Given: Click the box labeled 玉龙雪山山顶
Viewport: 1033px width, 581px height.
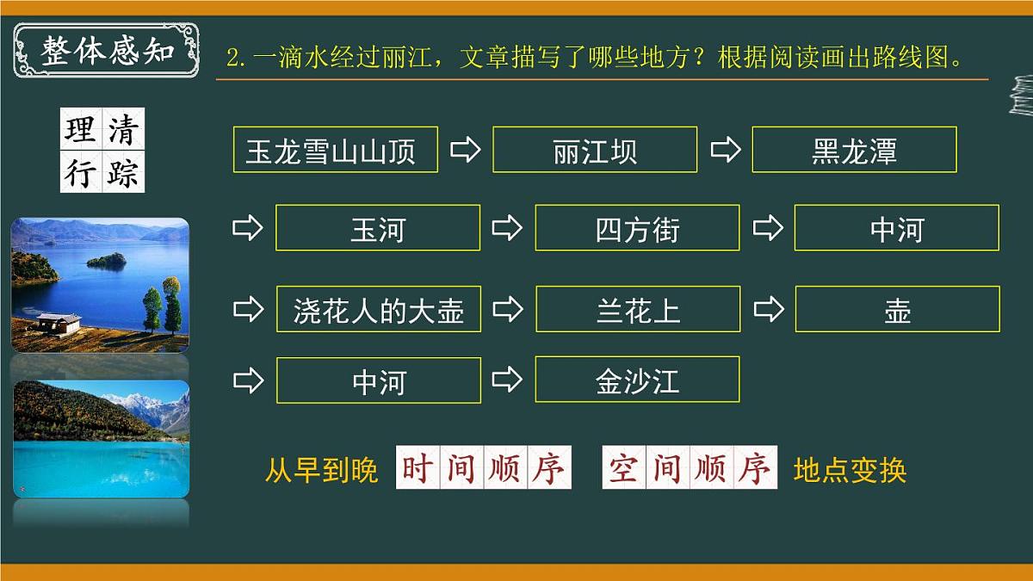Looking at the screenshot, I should pyautogui.click(x=335, y=150).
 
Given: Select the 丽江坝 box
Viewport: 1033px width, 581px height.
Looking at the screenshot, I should pyautogui.click(x=595, y=150).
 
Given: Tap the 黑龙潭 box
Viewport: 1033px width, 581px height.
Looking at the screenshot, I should pyautogui.click(x=854, y=150).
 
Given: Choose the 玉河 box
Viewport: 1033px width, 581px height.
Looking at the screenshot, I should pyautogui.click(x=378, y=228).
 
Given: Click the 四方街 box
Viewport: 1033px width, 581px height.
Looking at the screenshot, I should pyautogui.click(x=637, y=228).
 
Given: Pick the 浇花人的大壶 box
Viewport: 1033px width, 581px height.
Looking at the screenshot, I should pyautogui.click(x=379, y=309).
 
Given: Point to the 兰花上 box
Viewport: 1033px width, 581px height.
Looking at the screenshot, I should pyautogui.click(x=638, y=309).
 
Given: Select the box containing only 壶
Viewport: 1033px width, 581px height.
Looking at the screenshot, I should pyautogui.click(x=897, y=309).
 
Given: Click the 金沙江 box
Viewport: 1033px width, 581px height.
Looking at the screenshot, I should pyautogui.click(x=637, y=380).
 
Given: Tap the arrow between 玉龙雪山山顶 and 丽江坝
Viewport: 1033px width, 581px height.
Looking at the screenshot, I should pyautogui.click(x=466, y=150).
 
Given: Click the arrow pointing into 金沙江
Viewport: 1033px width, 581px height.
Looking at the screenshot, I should pyautogui.click(x=508, y=379).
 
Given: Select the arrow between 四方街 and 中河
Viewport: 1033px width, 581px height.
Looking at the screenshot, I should pyautogui.click(x=767, y=228).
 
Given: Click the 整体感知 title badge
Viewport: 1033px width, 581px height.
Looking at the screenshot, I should pyautogui.click(x=107, y=51).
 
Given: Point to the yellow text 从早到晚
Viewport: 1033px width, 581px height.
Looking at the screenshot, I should pyautogui.click(x=321, y=470).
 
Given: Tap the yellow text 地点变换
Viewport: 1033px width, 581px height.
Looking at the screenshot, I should pyautogui.click(x=850, y=470).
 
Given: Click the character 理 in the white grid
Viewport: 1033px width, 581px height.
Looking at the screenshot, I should pyautogui.click(x=81, y=130).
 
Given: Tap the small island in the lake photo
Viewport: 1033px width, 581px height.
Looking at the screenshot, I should pyautogui.click(x=107, y=259).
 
